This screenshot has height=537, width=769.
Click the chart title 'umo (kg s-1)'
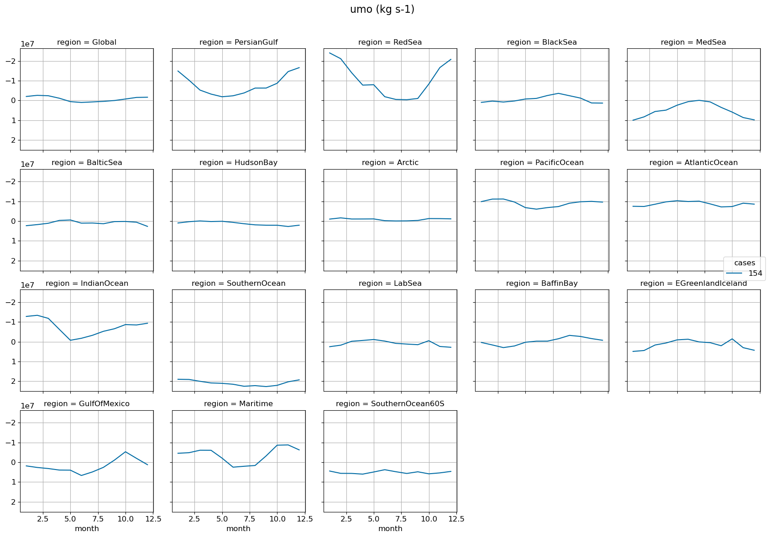coord(382,10)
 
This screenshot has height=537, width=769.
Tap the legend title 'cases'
coord(744,263)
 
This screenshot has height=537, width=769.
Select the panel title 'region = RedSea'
coord(390,42)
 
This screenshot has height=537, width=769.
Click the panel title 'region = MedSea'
coord(693,42)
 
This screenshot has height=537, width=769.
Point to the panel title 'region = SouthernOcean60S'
coord(390,404)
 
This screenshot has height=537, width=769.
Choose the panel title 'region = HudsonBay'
coord(238,163)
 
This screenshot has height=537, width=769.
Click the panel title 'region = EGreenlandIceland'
coord(693,284)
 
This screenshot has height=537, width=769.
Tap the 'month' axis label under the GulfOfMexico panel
coord(87,529)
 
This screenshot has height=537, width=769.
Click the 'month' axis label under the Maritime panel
coord(238,529)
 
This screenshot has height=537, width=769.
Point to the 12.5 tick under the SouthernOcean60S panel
coord(456,519)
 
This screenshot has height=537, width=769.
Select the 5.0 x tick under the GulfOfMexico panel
coord(70,519)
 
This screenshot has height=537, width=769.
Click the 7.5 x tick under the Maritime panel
coord(250,519)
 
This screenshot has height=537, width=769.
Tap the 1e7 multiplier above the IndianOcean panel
coord(27,285)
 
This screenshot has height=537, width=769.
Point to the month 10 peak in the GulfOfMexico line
coord(126,452)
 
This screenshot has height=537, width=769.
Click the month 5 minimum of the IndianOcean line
coord(70,340)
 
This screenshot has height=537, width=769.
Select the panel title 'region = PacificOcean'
coord(542,163)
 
